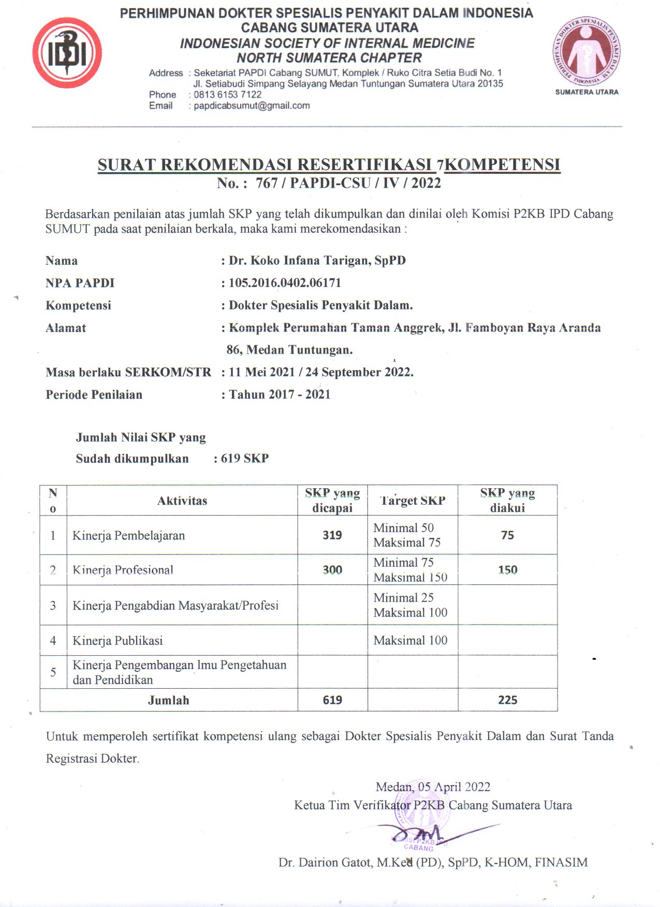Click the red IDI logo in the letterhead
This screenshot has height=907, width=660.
tap(67, 53)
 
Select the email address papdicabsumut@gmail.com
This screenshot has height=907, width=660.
tap(252, 106)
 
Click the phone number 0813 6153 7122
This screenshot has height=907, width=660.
tap(227, 95)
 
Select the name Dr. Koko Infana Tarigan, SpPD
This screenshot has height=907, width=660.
tap(317, 260)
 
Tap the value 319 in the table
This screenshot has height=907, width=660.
tap(332, 535)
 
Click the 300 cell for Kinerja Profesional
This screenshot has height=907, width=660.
tap(332, 570)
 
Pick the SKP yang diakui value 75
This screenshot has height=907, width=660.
tap(507, 535)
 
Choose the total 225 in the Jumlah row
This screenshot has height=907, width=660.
tap(507, 700)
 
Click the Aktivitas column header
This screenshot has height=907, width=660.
tap(182, 501)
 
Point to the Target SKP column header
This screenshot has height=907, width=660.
tap(413, 501)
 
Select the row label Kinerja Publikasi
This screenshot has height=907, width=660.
tap(118, 641)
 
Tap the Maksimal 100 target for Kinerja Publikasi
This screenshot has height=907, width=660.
tap(410, 640)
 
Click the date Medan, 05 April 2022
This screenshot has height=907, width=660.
tap(433, 787)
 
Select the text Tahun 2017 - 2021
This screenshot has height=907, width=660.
tap(280, 395)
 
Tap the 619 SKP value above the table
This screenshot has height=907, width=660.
tap(244, 459)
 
